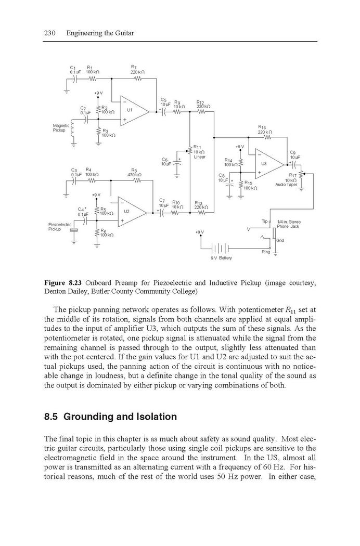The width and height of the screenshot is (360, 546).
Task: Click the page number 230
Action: coord(50,33)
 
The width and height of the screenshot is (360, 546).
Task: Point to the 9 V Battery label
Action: coord(221,258)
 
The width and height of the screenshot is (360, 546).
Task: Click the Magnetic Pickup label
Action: coord(59,128)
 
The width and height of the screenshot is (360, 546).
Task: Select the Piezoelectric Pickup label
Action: coord(59,227)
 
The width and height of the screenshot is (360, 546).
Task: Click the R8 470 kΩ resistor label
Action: coord(135,172)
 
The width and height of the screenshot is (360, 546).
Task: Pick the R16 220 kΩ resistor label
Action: coord(265,129)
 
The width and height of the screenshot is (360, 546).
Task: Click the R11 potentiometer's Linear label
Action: coord(199,157)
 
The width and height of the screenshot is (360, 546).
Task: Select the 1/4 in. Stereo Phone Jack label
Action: coord(288,224)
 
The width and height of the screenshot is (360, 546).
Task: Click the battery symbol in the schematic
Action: coord(220,249)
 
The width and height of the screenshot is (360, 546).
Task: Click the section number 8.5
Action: coord(52,417)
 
